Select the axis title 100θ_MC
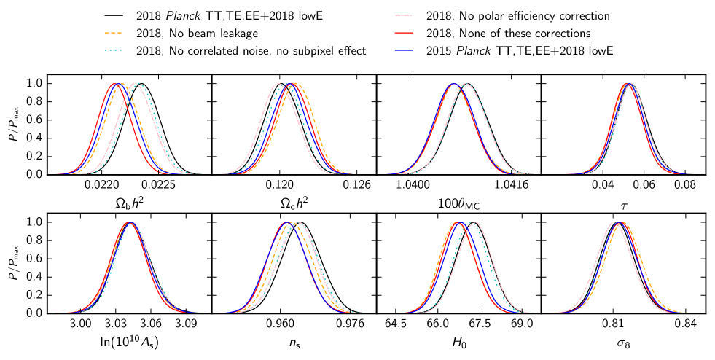(458, 204)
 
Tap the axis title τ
(624, 204)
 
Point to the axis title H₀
(458, 342)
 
